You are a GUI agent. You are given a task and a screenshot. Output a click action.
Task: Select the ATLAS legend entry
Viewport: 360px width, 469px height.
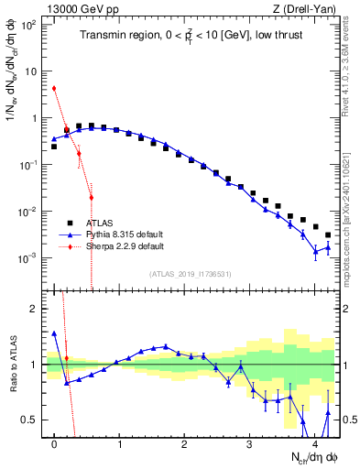[x=99, y=223]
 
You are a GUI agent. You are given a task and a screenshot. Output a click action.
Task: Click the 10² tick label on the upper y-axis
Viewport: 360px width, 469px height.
[x=30, y=25]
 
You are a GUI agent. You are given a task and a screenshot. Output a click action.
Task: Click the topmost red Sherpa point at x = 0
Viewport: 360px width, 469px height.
[x=54, y=88]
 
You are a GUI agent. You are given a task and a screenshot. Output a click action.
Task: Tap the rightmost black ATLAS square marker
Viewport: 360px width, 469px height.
[x=327, y=235]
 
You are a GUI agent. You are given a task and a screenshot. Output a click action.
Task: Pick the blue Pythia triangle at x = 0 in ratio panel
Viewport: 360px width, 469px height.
[x=54, y=333]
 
